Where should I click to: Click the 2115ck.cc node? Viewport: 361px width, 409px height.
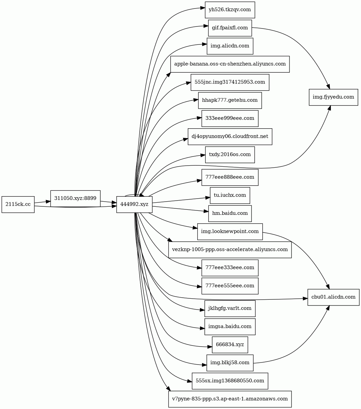click(x=18, y=204)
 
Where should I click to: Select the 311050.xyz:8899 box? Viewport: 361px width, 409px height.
click(x=75, y=199)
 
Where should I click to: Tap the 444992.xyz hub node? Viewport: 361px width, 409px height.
click(x=135, y=204)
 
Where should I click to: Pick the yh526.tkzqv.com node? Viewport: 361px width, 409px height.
click(x=230, y=10)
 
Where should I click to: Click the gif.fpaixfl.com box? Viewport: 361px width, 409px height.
click(x=230, y=28)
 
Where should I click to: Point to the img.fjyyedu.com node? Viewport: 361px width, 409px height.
click(x=333, y=97)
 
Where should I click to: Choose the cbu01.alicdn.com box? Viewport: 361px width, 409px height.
click(x=333, y=297)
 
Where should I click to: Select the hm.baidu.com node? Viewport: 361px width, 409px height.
click(x=230, y=213)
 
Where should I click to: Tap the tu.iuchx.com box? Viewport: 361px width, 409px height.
click(x=230, y=196)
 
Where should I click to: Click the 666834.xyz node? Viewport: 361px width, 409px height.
click(x=230, y=345)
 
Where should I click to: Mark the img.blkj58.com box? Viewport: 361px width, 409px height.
click(x=230, y=363)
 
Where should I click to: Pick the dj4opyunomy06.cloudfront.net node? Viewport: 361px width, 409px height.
click(x=230, y=136)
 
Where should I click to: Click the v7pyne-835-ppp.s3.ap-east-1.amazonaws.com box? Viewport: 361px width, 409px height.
click(x=230, y=399)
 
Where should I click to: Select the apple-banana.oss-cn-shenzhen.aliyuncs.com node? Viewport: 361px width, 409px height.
click(x=230, y=64)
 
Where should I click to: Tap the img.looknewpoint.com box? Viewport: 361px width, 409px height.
click(x=230, y=231)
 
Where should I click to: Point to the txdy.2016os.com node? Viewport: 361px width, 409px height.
click(x=230, y=154)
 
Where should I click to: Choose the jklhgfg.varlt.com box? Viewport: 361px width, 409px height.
click(x=230, y=309)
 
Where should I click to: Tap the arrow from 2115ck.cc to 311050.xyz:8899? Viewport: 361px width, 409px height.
click(x=42, y=202)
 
